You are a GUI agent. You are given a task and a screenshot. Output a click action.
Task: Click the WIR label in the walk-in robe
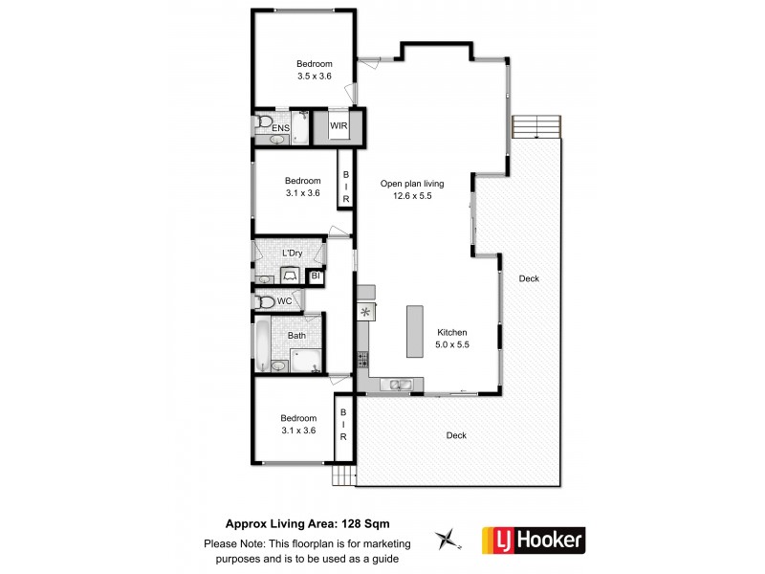click(x=339, y=126)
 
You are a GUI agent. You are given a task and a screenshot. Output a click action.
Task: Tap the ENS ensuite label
click(x=281, y=128)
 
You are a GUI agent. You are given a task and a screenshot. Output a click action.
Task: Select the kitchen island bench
click(x=414, y=330)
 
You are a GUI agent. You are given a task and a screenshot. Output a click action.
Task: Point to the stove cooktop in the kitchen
click(x=362, y=360)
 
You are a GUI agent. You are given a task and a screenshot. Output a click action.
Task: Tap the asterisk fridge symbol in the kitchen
click(x=363, y=312)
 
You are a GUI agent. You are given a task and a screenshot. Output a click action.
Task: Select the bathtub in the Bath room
click(x=262, y=346)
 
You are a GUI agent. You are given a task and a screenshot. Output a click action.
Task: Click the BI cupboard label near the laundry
click(x=316, y=276)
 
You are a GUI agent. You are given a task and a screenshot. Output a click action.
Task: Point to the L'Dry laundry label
click(x=293, y=253)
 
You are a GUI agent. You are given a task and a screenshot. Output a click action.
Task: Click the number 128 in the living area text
click(x=349, y=523)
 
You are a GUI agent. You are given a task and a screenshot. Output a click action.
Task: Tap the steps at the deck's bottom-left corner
click(x=343, y=475)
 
